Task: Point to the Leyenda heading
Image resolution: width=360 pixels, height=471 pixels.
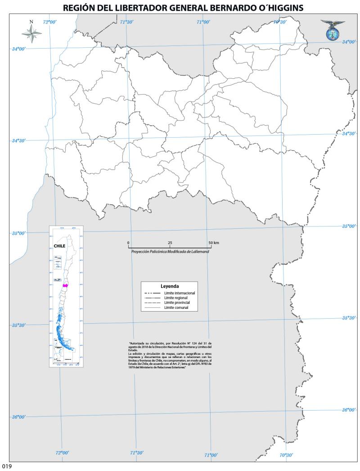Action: point(170,286)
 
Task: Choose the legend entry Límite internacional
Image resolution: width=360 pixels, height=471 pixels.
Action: point(182,293)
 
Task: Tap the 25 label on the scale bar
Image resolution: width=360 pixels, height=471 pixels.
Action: point(170,243)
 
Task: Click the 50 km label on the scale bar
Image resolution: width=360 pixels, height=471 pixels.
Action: point(214,243)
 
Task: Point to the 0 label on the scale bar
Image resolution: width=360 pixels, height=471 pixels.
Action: point(129,243)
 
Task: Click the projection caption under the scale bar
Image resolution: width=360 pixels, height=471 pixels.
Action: point(170,252)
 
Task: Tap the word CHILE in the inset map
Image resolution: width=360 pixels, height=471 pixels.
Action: point(59,246)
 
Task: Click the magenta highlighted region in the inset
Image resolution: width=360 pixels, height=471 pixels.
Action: point(66,285)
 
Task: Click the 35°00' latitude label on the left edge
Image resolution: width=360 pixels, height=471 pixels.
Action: point(18,233)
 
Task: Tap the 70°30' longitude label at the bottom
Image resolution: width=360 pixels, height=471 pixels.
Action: point(286,455)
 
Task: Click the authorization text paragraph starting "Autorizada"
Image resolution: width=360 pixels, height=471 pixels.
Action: point(170,356)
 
